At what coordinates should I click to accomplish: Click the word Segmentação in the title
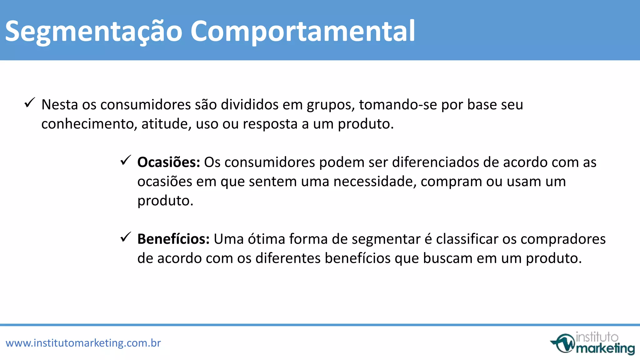point(94,31)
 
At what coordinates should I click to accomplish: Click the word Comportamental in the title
point(302,31)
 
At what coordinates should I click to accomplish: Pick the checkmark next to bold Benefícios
point(126,237)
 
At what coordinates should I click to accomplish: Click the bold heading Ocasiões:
point(168,162)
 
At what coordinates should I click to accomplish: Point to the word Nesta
point(60,105)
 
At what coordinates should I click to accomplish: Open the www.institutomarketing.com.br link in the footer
point(83,343)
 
